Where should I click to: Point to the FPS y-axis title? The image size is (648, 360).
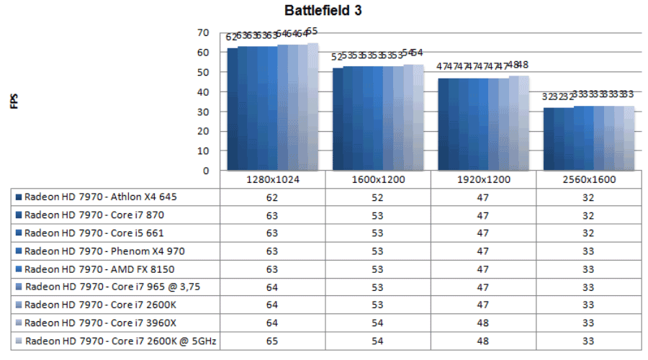(x=14, y=102)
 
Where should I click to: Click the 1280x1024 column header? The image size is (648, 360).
(x=272, y=179)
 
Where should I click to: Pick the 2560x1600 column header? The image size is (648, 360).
(x=589, y=179)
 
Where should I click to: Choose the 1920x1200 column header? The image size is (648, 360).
(x=483, y=179)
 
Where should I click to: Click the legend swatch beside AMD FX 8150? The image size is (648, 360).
(x=17, y=269)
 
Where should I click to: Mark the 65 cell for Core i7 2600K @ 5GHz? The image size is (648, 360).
(x=272, y=340)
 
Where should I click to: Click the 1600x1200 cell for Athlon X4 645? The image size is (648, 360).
(x=378, y=196)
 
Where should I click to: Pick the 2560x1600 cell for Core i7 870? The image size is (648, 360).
(x=589, y=214)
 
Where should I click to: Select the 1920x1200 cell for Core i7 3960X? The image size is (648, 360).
(x=483, y=322)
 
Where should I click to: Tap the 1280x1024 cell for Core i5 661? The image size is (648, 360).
(x=272, y=232)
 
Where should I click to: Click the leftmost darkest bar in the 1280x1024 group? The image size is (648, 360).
(x=232, y=108)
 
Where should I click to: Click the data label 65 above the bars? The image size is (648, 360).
(x=312, y=31)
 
